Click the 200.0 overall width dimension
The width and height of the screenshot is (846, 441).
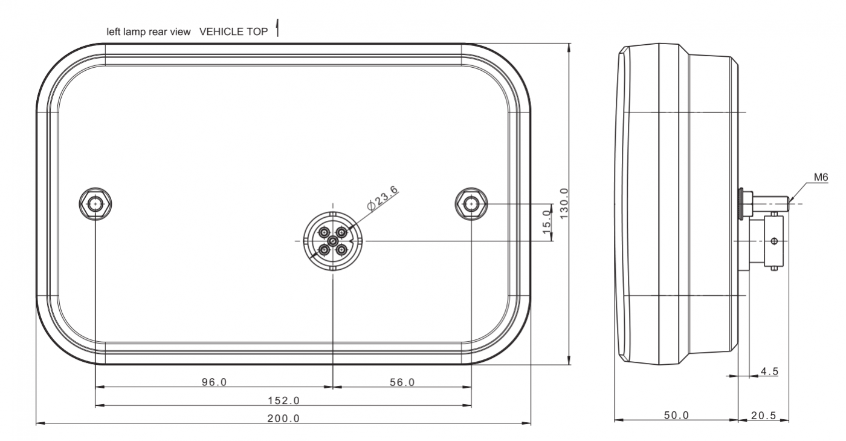click(283, 418)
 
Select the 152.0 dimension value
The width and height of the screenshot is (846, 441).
click(283, 400)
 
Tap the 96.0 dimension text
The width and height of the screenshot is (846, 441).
click(214, 382)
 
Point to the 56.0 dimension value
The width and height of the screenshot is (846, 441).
click(402, 382)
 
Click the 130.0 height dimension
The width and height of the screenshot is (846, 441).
click(564, 203)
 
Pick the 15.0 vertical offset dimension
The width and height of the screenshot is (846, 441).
click(546, 222)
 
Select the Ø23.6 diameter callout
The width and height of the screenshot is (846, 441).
click(382, 198)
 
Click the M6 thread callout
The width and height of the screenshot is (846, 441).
click(821, 177)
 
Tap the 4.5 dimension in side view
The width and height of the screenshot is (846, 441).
click(769, 371)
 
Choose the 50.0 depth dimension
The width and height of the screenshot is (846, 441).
click(676, 415)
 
